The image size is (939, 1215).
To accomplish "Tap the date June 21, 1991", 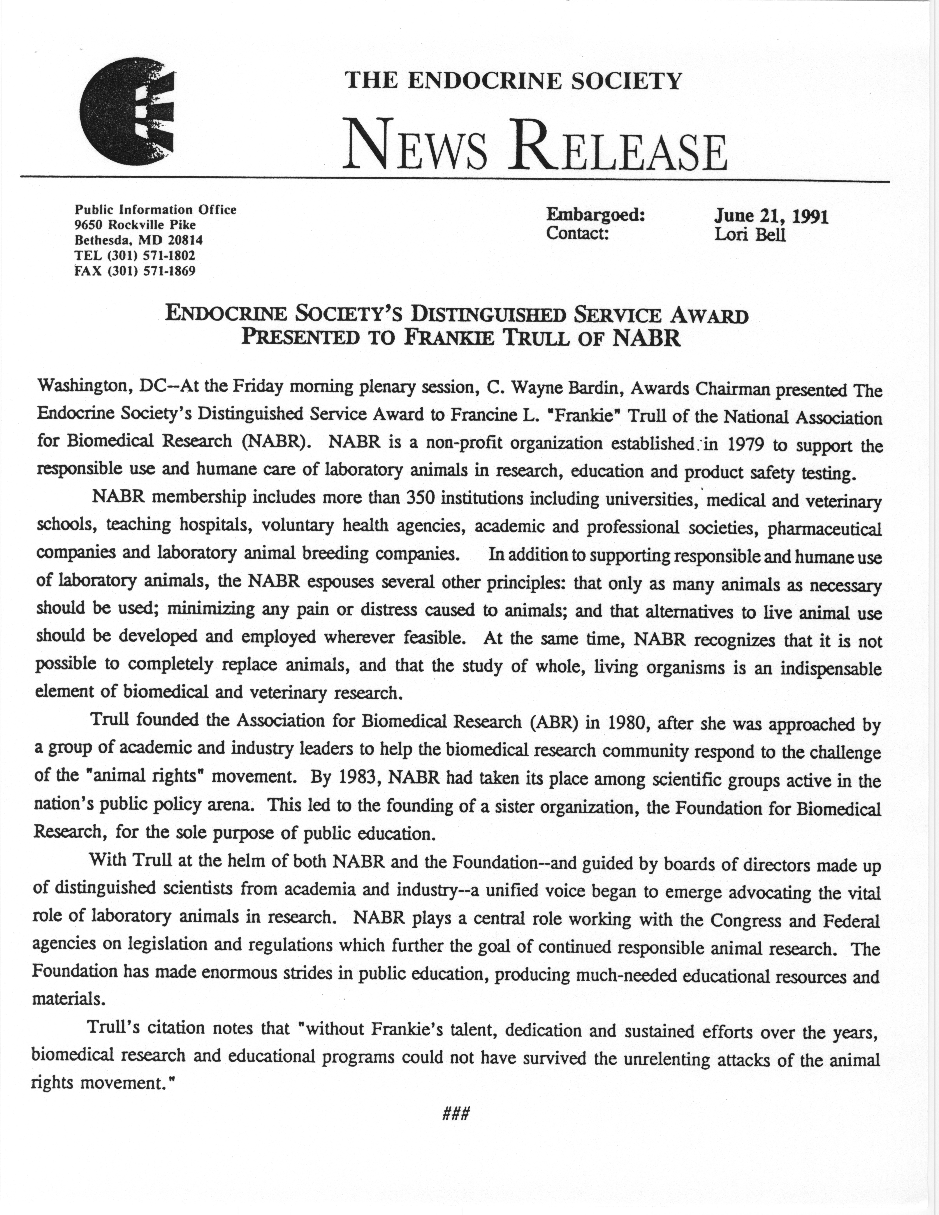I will coord(772,216).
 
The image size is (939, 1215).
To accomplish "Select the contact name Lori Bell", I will coord(750,234).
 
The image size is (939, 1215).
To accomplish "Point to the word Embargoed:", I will coord(595,215).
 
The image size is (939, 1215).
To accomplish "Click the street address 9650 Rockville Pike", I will coord(135,225).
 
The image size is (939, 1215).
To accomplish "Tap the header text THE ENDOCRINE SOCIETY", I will coord(513,82).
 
